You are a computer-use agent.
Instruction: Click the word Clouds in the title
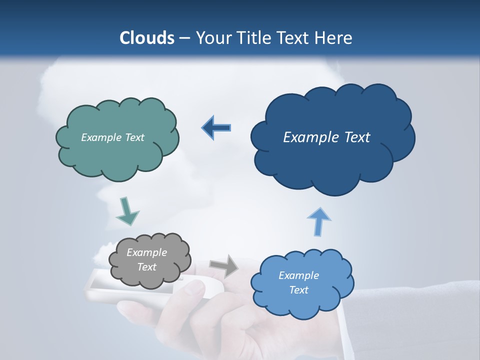(x=146, y=38)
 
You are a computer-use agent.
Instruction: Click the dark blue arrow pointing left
(x=216, y=128)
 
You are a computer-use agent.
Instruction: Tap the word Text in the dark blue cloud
(x=353, y=137)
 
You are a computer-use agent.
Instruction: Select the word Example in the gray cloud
(x=146, y=252)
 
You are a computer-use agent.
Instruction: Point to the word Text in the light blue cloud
(x=298, y=290)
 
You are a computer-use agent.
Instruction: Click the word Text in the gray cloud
(x=146, y=267)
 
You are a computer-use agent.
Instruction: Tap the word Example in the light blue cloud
(x=298, y=275)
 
